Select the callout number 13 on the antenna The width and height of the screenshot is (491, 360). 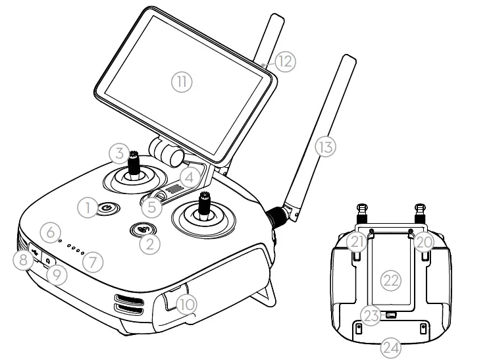324,145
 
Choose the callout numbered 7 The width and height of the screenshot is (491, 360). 93,262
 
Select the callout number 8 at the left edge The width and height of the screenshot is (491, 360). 22,260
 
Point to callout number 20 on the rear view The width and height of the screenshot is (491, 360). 425,242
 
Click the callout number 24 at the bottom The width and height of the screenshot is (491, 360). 391,347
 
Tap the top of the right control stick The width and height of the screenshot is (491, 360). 205,195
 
